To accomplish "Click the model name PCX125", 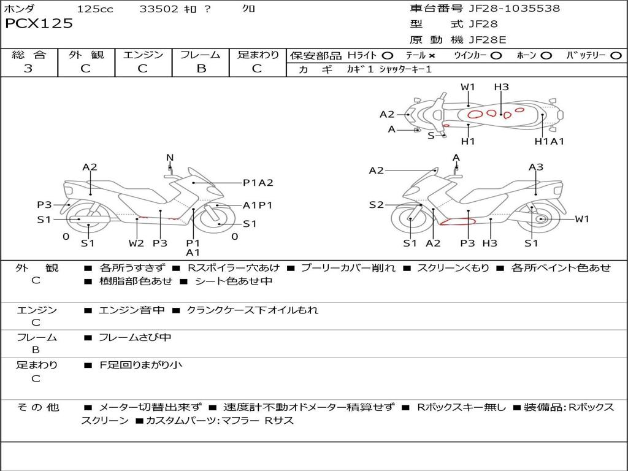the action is [39, 24].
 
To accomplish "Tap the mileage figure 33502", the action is [159, 9].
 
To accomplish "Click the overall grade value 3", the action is [28, 69].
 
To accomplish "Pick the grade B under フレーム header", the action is [201, 69].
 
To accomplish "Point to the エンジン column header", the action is [143, 55].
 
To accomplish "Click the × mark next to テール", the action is [432, 55].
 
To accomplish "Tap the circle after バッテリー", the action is [616, 55].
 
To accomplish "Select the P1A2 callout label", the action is [258, 182].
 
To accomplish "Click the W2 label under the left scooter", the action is [136, 243].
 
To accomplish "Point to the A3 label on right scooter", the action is [536, 167].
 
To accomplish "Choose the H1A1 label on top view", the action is [549, 141].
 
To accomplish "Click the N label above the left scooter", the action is [170, 158].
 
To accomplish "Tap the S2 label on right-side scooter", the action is [376, 205].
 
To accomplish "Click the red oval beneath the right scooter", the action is [458, 221].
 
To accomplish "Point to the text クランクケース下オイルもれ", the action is [252, 310].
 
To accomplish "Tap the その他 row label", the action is [37, 407].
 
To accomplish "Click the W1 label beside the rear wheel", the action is [581, 219].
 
